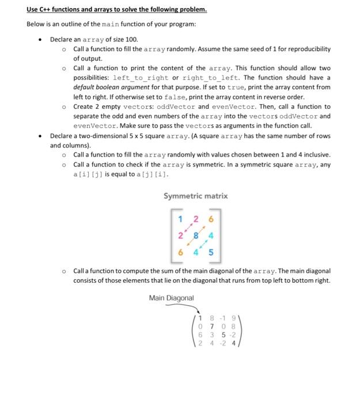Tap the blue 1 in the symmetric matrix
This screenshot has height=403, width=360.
point(180,219)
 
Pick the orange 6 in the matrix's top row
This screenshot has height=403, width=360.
point(211,219)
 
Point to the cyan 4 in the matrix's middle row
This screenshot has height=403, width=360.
point(211,235)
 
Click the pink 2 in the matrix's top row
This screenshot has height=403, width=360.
point(196,219)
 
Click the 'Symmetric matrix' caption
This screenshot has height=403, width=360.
point(195,196)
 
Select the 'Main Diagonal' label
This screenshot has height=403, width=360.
point(171,298)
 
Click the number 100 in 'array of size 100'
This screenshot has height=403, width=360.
point(131,40)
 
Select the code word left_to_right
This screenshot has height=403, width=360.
point(141,78)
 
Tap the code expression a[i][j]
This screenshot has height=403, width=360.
point(87,174)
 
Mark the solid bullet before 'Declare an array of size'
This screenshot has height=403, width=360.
point(39,40)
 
